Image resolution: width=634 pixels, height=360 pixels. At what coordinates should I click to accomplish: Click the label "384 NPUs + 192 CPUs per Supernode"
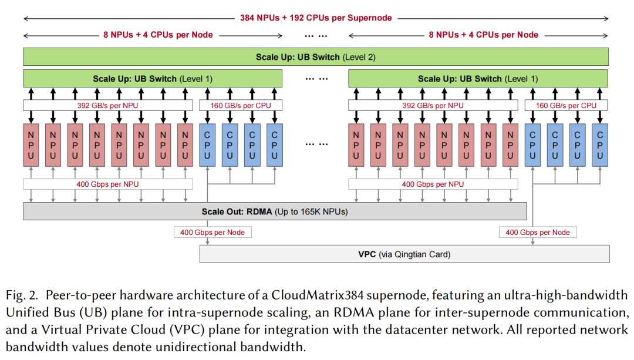316,18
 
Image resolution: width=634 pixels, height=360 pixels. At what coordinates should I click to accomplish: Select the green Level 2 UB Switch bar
316,57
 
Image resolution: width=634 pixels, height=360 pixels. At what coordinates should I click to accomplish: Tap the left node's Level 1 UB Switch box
153,79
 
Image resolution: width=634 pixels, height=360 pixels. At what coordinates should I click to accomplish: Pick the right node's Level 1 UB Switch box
478,79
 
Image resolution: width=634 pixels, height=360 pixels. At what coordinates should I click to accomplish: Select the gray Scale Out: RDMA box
275,211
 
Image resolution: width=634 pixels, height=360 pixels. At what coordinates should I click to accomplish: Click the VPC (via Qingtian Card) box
404,254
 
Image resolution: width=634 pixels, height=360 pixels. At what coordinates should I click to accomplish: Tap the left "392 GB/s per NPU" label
108,106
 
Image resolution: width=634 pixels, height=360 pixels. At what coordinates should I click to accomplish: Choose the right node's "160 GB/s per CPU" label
566,106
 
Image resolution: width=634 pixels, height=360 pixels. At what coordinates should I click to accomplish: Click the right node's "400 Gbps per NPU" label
433,184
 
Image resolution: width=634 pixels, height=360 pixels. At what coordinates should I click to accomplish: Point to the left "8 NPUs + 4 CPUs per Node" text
158,35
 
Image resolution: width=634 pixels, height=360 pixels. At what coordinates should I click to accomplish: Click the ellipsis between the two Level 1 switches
315,79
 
